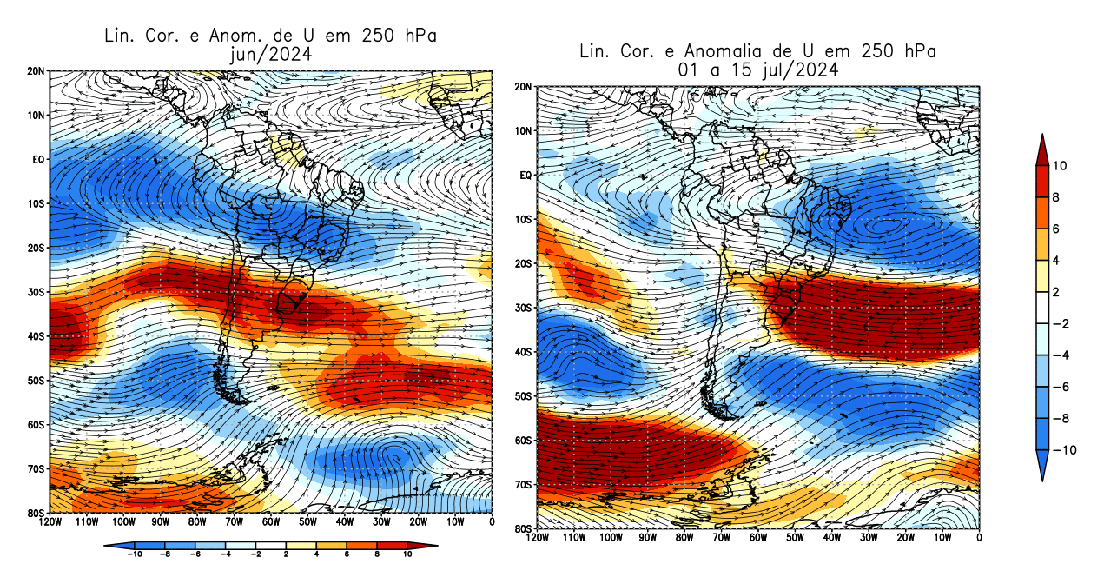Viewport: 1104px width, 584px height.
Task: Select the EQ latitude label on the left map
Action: click(x=38, y=160)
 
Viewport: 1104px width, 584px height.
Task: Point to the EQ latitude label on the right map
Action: click(x=525, y=176)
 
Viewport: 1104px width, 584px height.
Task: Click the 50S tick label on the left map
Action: click(x=36, y=381)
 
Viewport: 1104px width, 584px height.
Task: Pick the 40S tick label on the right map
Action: click(x=523, y=352)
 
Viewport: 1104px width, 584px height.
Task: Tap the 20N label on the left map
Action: click(x=36, y=71)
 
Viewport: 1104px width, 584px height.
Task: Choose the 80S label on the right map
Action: click(x=523, y=529)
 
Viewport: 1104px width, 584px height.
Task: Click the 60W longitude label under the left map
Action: click(x=270, y=522)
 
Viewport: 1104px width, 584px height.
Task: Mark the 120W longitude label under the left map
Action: click(x=50, y=522)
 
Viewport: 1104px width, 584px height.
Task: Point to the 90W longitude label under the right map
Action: click(x=647, y=539)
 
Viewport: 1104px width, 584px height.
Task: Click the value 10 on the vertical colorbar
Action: click(x=1061, y=166)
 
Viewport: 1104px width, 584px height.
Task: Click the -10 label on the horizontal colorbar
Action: click(x=135, y=554)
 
